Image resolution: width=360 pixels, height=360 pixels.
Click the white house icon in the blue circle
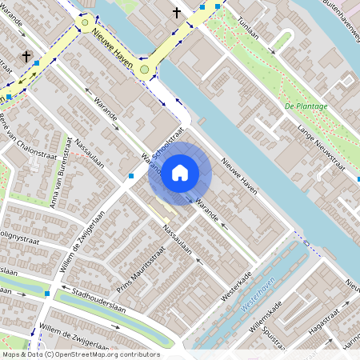(180, 172)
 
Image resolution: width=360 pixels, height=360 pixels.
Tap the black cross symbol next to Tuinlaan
(177, 12)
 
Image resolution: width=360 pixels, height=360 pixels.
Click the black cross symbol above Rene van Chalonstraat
(28, 57)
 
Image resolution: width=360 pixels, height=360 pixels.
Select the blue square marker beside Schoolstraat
(130, 175)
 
